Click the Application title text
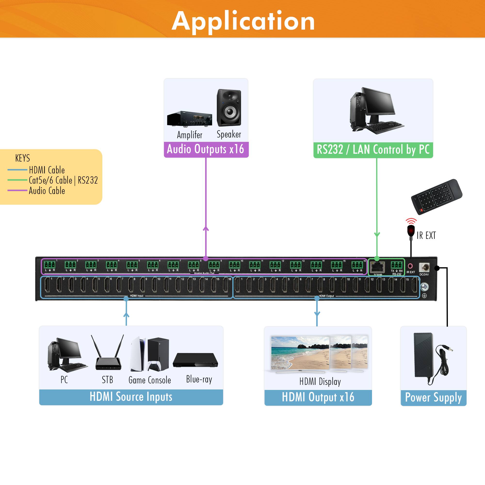tap(243, 21)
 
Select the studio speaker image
tap(229, 108)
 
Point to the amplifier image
tap(190, 119)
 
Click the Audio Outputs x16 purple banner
tap(206, 149)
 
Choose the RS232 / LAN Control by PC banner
tap(373, 150)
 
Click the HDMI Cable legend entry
tap(47, 170)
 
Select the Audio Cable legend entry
tap(47, 191)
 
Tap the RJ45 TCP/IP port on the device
tap(378, 267)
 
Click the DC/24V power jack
tap(424, 267)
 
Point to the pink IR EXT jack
tap(411, 266)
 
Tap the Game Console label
tap(150, 380)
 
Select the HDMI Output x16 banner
tap(318, 397)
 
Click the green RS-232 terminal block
tap(396, 265)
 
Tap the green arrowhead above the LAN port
tap(377, 235)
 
